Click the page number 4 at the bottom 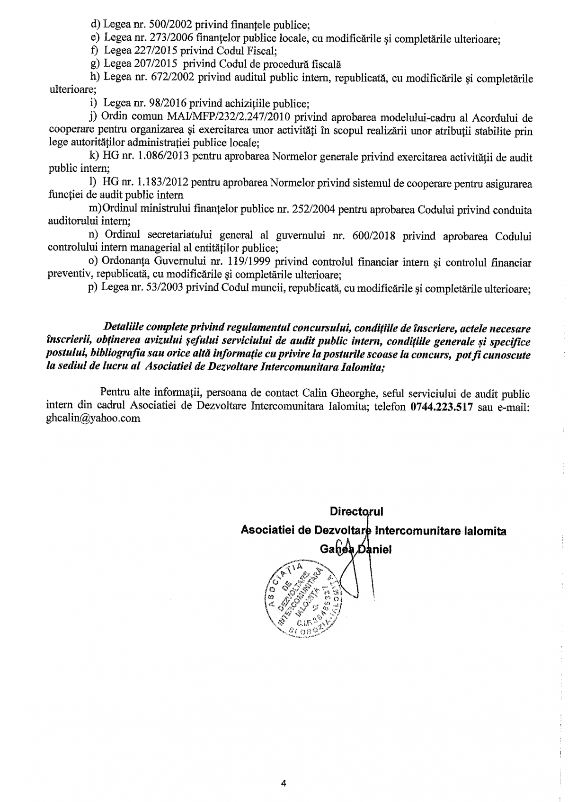tap(284, 783)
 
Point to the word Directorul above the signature tap(356, 511)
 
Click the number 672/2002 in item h tap(171, 78)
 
